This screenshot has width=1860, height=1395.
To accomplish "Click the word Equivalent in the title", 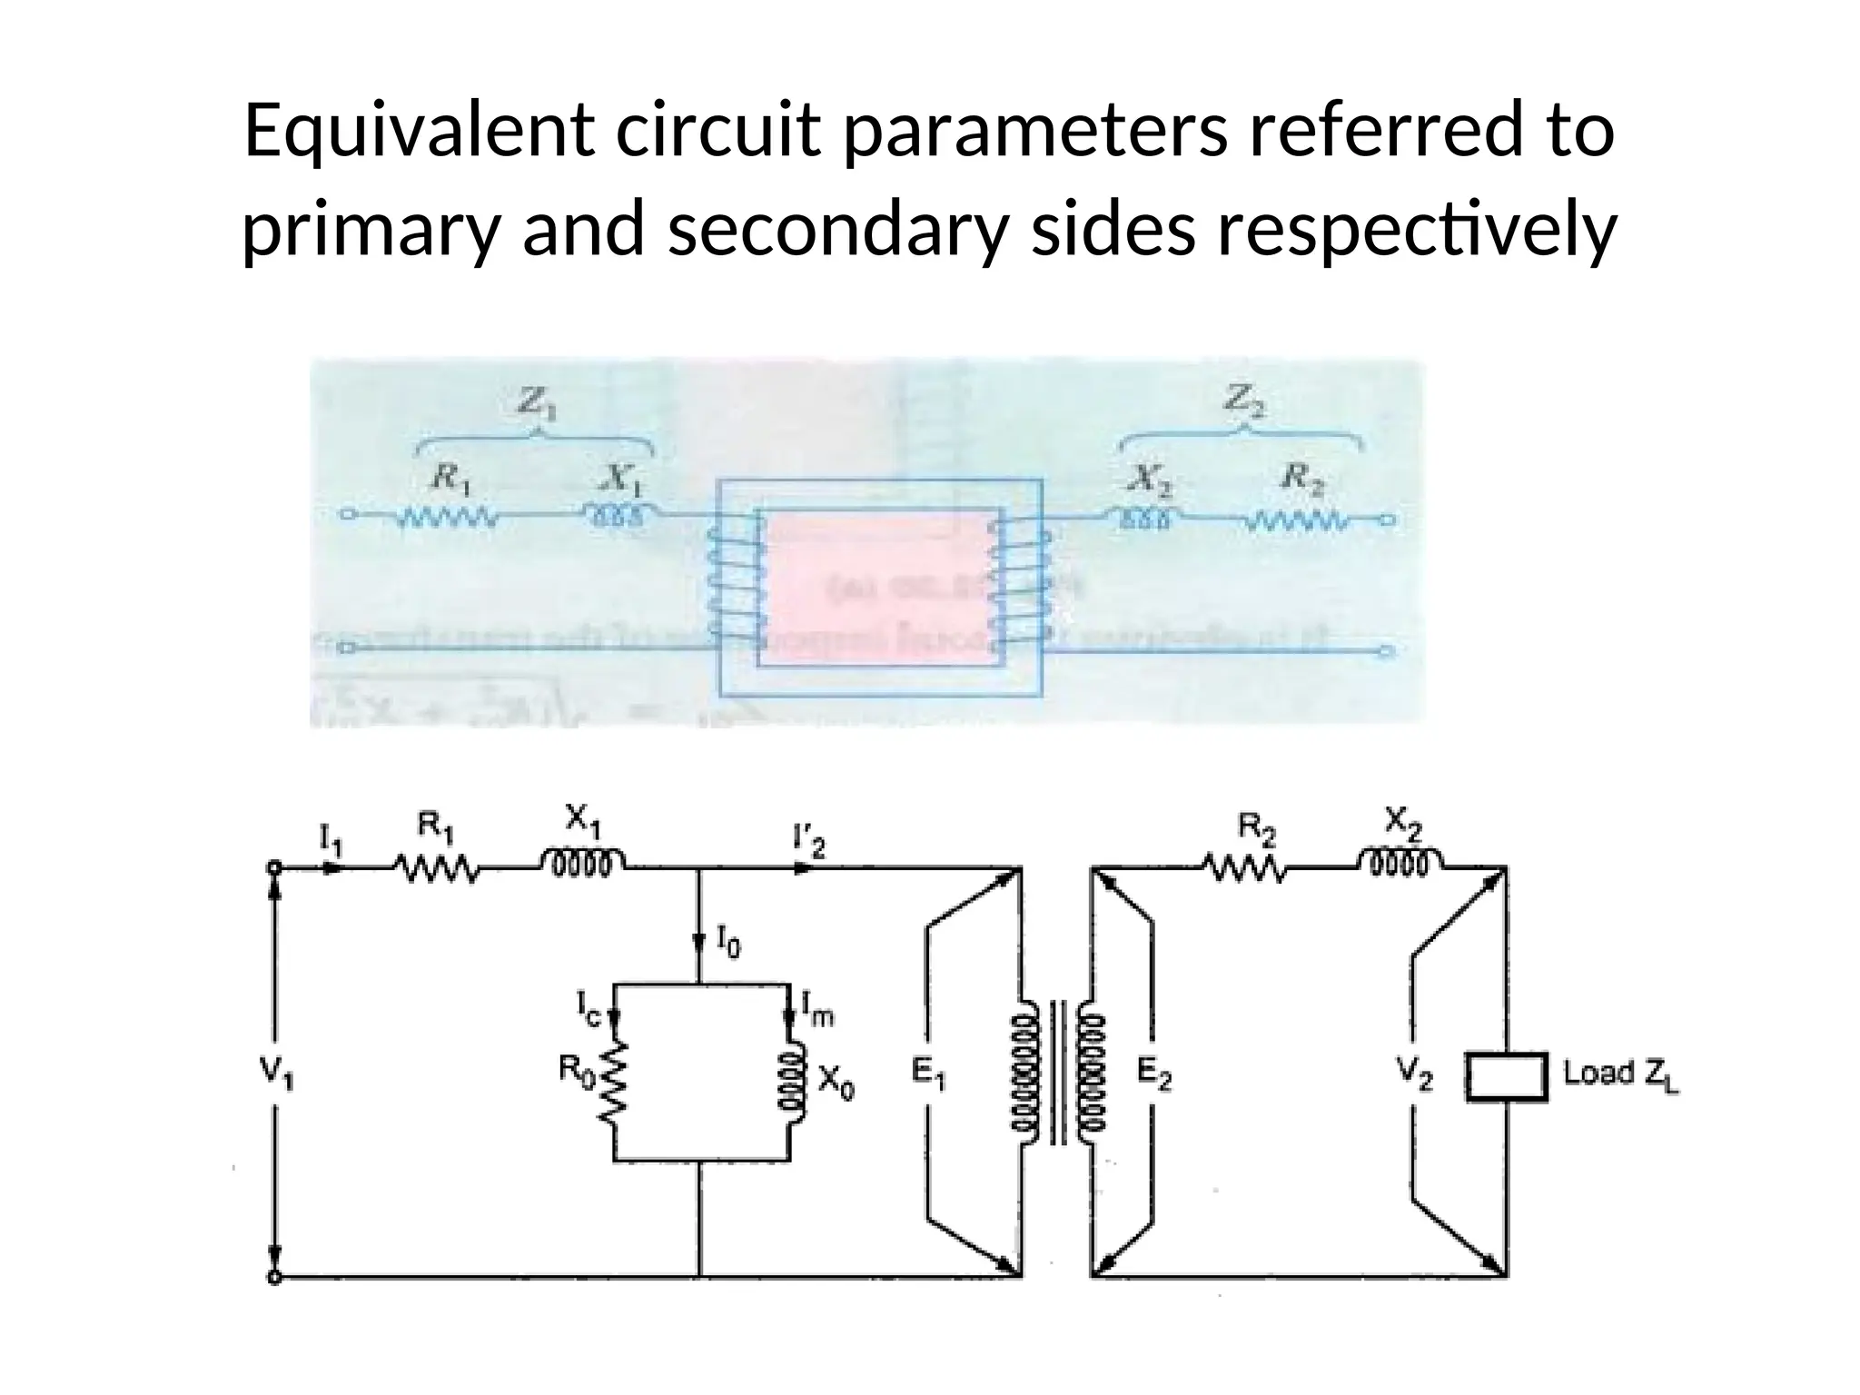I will pos(419,133).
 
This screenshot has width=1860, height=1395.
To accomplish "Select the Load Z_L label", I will pos(1620,1074).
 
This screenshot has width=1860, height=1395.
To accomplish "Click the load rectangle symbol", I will pos(1506,1077).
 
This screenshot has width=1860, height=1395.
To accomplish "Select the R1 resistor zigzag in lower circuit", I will pos(434,869).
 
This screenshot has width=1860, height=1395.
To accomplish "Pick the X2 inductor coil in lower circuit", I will pos(1400,862).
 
